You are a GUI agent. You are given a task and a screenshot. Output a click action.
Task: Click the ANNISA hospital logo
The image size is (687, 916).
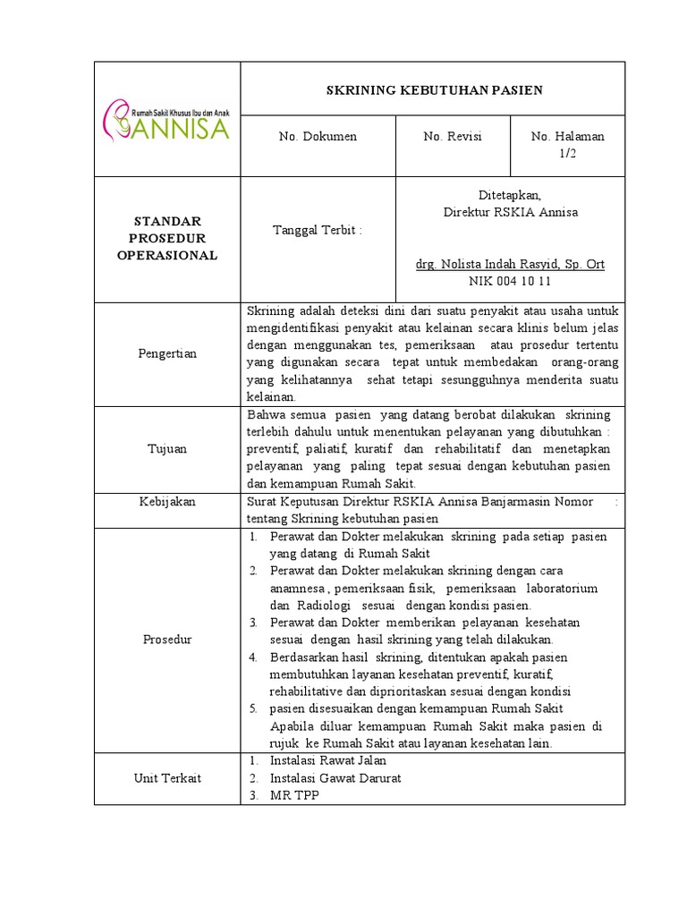(x=167, y=121)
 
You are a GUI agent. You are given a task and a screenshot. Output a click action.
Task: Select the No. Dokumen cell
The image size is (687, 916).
(x=318, y=137)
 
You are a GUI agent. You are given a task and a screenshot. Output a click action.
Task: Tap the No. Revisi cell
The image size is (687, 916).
(x=453, y=137)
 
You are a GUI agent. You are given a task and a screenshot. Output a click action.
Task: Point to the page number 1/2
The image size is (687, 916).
(x=567, y=153)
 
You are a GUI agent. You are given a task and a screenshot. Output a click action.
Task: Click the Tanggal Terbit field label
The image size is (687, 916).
(x=318, y=230)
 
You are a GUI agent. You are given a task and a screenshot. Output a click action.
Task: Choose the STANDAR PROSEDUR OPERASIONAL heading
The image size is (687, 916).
(x=167, y=238)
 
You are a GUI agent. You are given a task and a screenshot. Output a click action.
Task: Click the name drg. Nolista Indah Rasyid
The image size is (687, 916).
(x=511, y=265)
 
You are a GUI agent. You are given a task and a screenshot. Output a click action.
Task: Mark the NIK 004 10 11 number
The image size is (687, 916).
(x=511, y=280)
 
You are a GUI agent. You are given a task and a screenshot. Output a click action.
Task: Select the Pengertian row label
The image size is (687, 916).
(x=167, y=354)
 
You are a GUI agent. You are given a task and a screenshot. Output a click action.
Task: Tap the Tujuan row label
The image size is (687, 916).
(x=167, y=449)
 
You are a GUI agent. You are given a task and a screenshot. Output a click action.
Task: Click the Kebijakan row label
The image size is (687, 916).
(x=167, y=502)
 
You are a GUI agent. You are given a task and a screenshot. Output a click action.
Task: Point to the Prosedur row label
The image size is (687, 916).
(x=167, y=640)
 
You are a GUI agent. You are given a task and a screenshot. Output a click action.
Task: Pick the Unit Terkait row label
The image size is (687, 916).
(x=167, y=777)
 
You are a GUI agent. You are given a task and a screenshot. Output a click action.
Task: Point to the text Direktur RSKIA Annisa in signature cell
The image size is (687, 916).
(x=511, y=212)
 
